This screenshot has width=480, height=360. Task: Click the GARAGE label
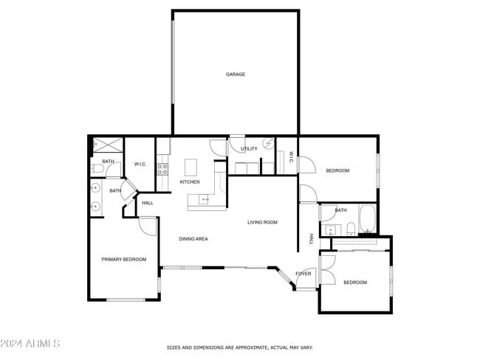(236, 75)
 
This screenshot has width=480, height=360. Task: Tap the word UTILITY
(250, 149)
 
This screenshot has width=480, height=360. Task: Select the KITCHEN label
(190, 182)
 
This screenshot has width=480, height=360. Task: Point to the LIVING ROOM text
(262, 222)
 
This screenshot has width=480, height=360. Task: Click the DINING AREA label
(193, 239)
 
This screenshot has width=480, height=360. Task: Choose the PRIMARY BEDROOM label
(123, 260)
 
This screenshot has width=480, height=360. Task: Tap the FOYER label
(304, 274)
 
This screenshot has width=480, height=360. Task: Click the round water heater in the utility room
(269, 144)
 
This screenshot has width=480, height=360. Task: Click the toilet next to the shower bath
(97, 170)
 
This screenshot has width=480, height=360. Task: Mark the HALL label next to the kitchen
(148, 203)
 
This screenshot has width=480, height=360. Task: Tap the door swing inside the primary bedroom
(148, 225)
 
